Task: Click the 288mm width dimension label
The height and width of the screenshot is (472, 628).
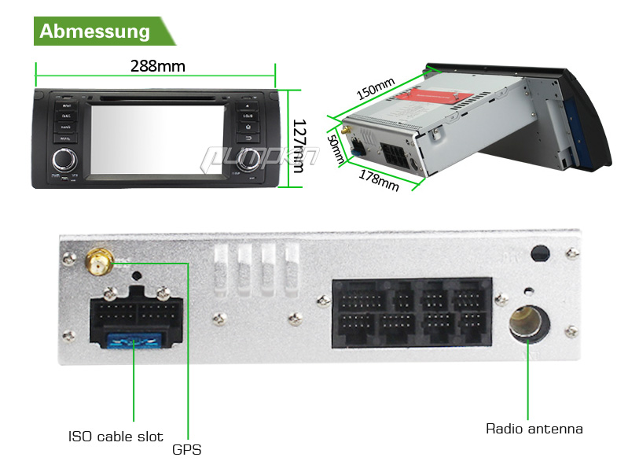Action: click(x=157, y=66)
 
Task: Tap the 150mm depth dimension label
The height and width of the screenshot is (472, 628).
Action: click(x=375, y=89)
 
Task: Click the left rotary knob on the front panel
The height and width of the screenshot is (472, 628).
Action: click(x=64, y=161)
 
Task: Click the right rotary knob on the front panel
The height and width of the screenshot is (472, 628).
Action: click(x=248, y=160)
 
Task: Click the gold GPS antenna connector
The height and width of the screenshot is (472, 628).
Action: click(x=99, y=262)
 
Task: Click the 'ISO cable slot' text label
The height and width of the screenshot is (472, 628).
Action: click(x=116, y=437)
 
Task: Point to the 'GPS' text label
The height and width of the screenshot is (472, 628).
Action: click(x=186, y=450)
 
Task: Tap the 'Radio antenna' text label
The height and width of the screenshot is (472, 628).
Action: click(x=534, y=429)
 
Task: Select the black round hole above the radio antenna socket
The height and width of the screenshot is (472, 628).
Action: click(x=540, y=254)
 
